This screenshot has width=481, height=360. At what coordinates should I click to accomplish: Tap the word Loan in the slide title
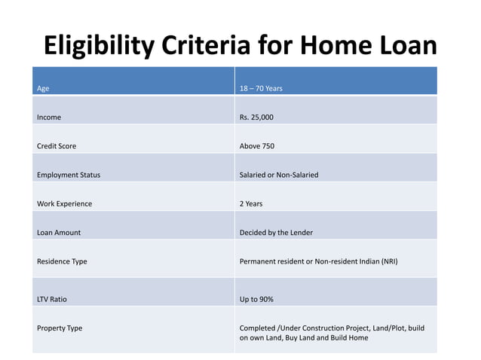click(404, 46)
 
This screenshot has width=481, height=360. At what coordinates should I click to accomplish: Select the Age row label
click(43, 89)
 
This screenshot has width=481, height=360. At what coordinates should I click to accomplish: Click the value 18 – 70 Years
click(261, 89)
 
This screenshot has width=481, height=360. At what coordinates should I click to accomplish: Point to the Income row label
click(49, 117)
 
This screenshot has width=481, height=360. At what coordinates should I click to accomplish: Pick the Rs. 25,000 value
click(256, 117)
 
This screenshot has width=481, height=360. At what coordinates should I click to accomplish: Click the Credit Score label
click(57, 146)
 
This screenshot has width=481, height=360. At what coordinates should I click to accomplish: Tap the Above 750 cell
click(257, 146)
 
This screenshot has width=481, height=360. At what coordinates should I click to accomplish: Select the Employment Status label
click(69, 175)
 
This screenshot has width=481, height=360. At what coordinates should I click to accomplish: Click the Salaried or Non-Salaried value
click(279, 175)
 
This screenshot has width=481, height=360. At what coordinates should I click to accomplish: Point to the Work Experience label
click(64, 204)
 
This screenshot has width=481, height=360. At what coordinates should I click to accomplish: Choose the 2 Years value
click(251, 204)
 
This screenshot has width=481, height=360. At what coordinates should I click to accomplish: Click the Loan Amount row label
click(59, 233)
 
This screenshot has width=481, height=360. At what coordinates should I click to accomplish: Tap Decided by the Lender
click(276, 233)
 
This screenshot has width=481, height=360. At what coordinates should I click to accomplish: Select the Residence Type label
click(62, 261)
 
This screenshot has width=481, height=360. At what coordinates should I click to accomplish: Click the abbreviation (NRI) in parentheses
click(388, 261)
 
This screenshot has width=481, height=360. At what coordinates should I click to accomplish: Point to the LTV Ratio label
click(52, 299)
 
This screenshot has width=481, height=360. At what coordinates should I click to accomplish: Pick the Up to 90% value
click(256, 299)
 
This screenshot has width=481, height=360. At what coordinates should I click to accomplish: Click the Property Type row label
click(60, 328)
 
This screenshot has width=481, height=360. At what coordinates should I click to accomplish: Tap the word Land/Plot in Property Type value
click(375, 328)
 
